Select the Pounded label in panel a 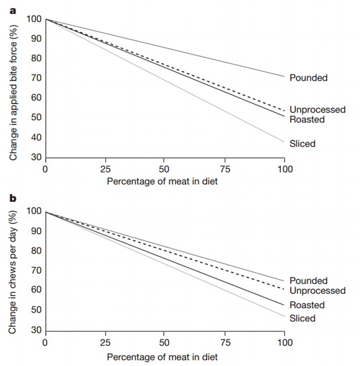point(308,78)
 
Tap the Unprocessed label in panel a point(317,110)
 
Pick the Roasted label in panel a point(307,119)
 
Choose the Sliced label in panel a point(302,144)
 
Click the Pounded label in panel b point(308,281)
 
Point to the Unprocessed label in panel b point(317,290)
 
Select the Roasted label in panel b point(307,305)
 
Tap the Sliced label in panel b point(302,318)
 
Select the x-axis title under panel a point(165,181)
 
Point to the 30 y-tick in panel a point(35,157)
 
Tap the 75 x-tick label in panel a point(224,169)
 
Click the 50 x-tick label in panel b point(164,343)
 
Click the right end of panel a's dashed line point(284,110)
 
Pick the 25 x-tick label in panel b point(104,343)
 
